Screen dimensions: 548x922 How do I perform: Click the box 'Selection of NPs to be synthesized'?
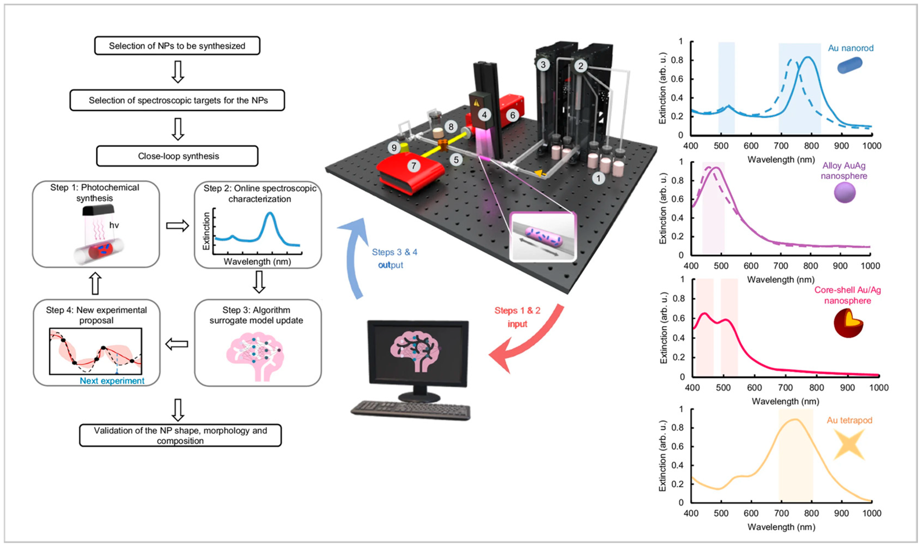click(x=177, y=46)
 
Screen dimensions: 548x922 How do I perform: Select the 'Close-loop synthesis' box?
click(x=177, y=156)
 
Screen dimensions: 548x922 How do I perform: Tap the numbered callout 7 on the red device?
click(x=413, y=166)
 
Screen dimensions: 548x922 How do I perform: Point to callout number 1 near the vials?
click(x=598, y=179)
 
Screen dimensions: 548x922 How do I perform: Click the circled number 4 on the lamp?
click(x=484, y=115)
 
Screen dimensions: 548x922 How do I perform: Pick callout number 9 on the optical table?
click(x=394, y=148)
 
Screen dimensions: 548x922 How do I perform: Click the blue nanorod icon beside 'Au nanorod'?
click(x=849, y=65)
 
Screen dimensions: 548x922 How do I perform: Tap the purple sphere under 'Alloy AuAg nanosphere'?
click(x=844, y=193)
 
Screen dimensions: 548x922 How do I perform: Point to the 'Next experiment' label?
click(x=112, y=381)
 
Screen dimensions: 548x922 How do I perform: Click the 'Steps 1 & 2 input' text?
click(x=517, y=317)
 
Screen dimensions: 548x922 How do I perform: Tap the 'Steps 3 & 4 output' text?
click(x=394, y=258)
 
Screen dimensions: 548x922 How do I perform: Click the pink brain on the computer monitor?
click(x=416, y=351)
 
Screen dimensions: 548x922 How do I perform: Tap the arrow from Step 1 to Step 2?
click(x=177, y=226)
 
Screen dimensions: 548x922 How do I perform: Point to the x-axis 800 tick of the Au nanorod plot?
click(x=811, y=146)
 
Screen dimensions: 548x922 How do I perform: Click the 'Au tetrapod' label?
click(x=849, y=420)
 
